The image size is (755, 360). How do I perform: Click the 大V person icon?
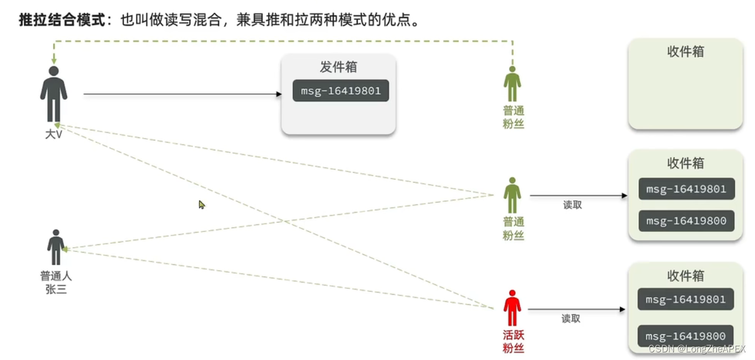(x=53, y=94)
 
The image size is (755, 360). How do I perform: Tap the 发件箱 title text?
(x=338, y=67)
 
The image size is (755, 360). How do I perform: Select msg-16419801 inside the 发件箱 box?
(x=341, y=91)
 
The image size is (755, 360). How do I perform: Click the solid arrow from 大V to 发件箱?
(x=182, y=94)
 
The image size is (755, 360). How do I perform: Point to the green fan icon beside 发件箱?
(x=513, y=85)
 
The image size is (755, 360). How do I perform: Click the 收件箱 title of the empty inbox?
(x=685, y=52)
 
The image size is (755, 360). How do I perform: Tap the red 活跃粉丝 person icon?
(x=513, y=308)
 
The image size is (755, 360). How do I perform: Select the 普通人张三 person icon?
(x=56, y=247)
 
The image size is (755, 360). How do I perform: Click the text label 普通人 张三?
(x=56, y=282)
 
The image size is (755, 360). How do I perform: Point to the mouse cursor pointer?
(x=201, y=204)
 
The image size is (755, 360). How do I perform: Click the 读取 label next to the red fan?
(x=571, y=319)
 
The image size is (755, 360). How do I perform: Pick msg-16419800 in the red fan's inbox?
(x=685, y=336)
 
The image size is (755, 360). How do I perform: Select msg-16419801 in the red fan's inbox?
(x=685, y=300)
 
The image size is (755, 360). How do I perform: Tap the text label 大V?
(x=53, y=134)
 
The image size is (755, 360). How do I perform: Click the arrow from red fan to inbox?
(x=575, y=309)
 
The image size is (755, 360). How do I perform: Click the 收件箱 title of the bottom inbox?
(x=685, y=276)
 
